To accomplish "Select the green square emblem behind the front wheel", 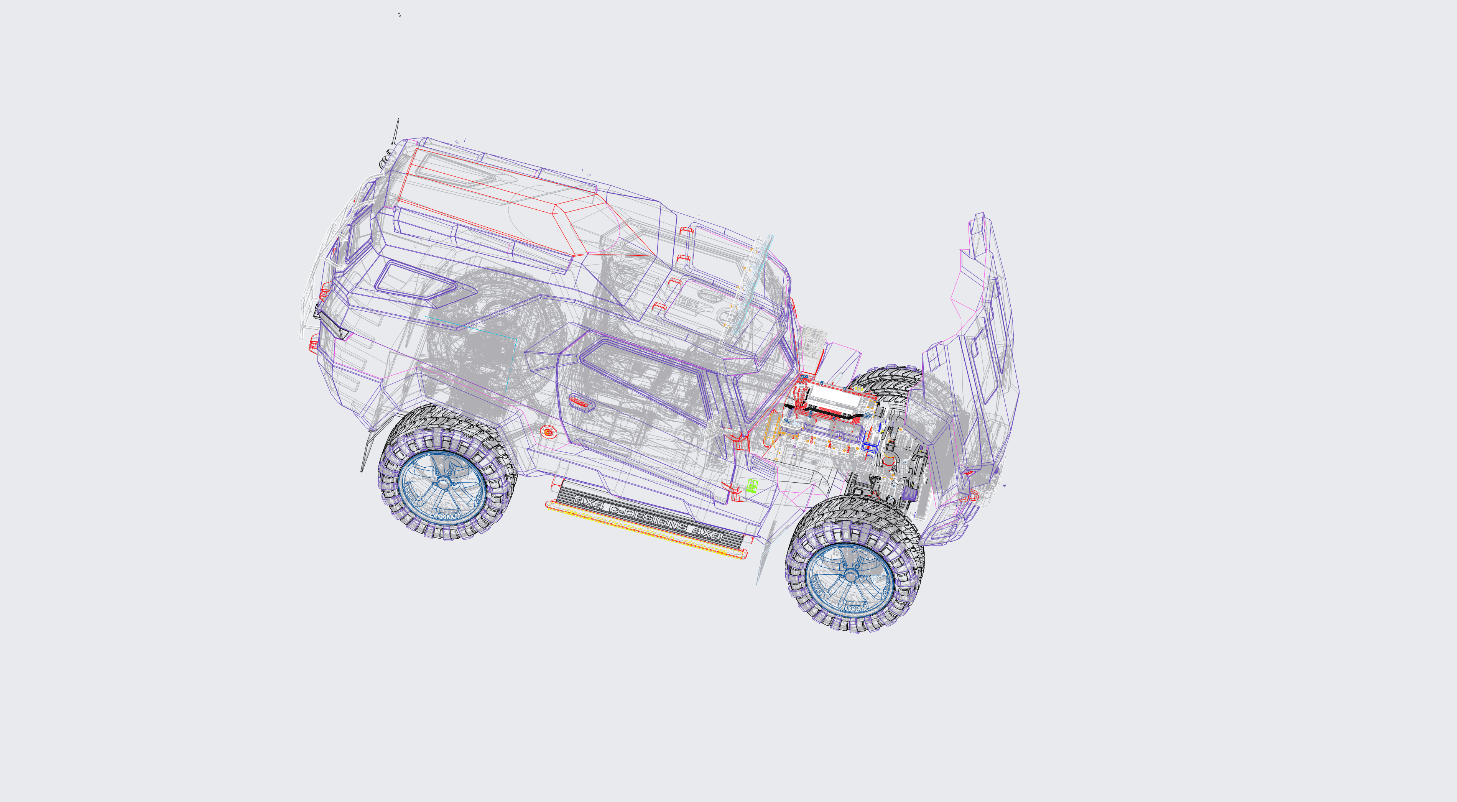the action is click(752, 485).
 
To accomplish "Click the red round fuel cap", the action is click(548, 432).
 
